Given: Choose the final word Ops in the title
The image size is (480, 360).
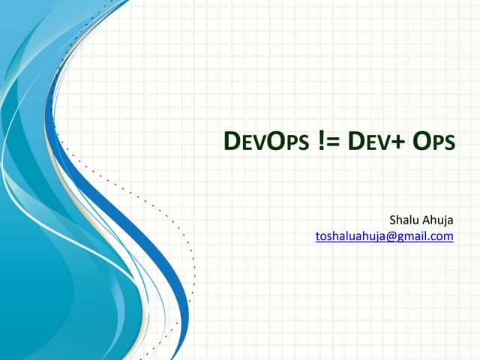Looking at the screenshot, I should click(x=434, y=140).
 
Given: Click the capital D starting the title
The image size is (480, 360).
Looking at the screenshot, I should click(x=232, y=140).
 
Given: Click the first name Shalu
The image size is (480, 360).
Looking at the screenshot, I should click(x=404, y=220).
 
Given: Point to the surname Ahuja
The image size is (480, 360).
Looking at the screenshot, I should click(x=439, y=220).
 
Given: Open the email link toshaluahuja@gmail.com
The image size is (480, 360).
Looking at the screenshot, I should click(x=385, y=236).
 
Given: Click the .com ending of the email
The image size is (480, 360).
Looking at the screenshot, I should click(x=443, y=236).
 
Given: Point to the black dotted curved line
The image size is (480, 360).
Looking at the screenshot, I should click(x=184, y=240).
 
